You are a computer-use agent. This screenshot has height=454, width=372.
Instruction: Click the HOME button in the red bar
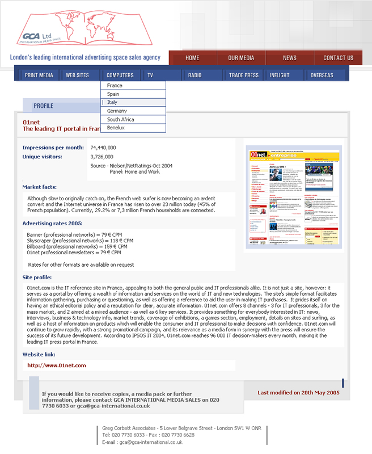tap(192, 58)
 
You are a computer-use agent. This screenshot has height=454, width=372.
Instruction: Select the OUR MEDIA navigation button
tap(241, 58)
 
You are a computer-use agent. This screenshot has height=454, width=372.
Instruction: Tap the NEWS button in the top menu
tap(289, 58)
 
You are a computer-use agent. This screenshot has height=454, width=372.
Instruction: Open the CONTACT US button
tap(338, 58)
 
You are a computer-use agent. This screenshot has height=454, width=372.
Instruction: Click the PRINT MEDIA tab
tap(39, 75)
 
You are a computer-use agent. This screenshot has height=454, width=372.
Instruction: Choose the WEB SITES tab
tap(77, 75)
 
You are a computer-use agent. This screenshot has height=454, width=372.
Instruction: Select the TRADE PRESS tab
tap(244, 75)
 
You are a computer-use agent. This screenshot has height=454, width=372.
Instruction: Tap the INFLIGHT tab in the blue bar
tap(280, 75)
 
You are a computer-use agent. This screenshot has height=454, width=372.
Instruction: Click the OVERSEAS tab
tap(322, 75)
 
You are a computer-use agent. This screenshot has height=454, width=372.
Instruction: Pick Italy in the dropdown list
tap(112, 102)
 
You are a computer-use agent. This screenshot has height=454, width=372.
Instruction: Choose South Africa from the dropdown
tap(120, 120)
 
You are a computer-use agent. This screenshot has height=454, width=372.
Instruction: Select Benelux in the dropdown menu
tap(116, 128)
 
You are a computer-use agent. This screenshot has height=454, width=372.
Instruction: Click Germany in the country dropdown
tap(117, 111)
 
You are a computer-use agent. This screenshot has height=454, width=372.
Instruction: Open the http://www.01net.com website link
tap(57, 365)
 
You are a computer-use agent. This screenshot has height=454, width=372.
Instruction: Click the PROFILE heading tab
tap(43, 106)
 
